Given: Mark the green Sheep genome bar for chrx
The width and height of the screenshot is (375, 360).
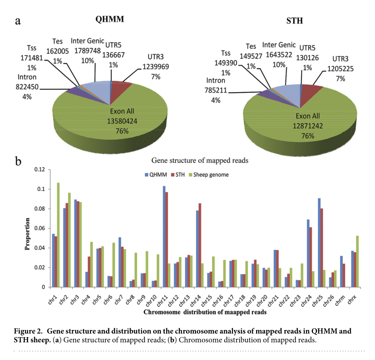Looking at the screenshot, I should tap(357, 261).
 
